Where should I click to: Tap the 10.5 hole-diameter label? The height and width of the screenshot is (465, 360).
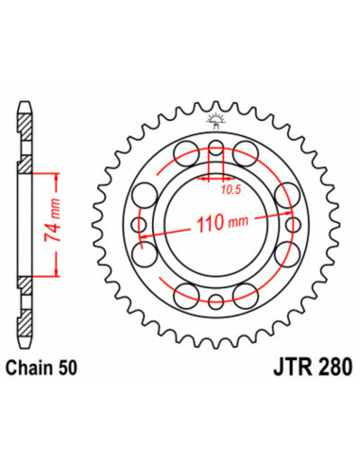[220, 188]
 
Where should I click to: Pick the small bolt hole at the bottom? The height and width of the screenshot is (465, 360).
[215, 301]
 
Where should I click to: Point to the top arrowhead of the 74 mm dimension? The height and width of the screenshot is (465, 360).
[59, 176]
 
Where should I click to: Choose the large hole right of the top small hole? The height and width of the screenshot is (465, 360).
[248, 153]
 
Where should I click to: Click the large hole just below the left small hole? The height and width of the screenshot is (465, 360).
[147, 256]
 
